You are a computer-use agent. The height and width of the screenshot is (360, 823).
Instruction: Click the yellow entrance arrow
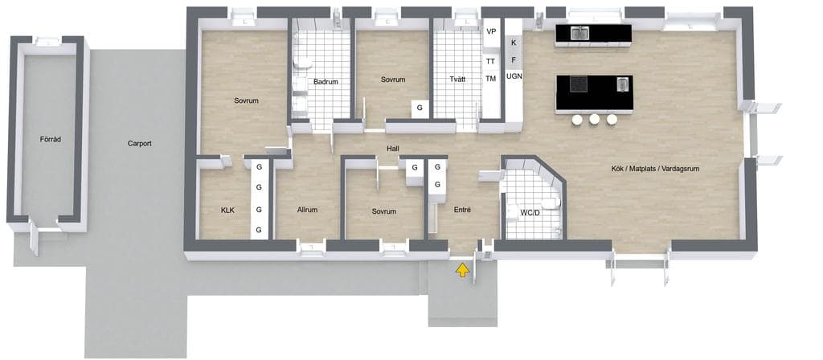tap(462, 270)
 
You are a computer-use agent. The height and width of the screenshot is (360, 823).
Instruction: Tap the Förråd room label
tap(51, 140)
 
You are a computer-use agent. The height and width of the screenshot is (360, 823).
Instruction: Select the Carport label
tap(140, 143)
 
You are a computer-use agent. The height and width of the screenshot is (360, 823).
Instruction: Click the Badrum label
tap(326, 82)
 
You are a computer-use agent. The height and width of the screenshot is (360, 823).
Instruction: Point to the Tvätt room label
tap(457, 80)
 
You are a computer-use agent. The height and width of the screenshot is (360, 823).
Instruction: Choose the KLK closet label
tap(227, 211)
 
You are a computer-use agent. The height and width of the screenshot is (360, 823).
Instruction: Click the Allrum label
tap(307, 210)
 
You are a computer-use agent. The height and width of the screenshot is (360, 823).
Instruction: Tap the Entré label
tap(462, 210)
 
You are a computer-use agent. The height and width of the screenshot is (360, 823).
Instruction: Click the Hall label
tap(393, 149)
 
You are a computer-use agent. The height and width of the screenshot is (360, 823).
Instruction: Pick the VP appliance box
tap(491, 32)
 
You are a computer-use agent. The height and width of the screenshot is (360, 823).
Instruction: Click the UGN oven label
tap(514, 76)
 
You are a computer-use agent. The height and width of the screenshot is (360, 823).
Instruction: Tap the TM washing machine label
tap(491, 79)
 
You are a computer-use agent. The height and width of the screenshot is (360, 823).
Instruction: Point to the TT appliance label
tap(491, 61)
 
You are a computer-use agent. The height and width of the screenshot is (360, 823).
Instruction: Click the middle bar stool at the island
tap(594, 120)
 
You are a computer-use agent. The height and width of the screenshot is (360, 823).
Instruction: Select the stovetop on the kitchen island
tap(579, 84)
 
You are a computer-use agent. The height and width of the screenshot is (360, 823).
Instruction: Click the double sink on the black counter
tap(579, 33)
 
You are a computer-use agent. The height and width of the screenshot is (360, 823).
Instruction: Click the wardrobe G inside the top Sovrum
tap(420, 108)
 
